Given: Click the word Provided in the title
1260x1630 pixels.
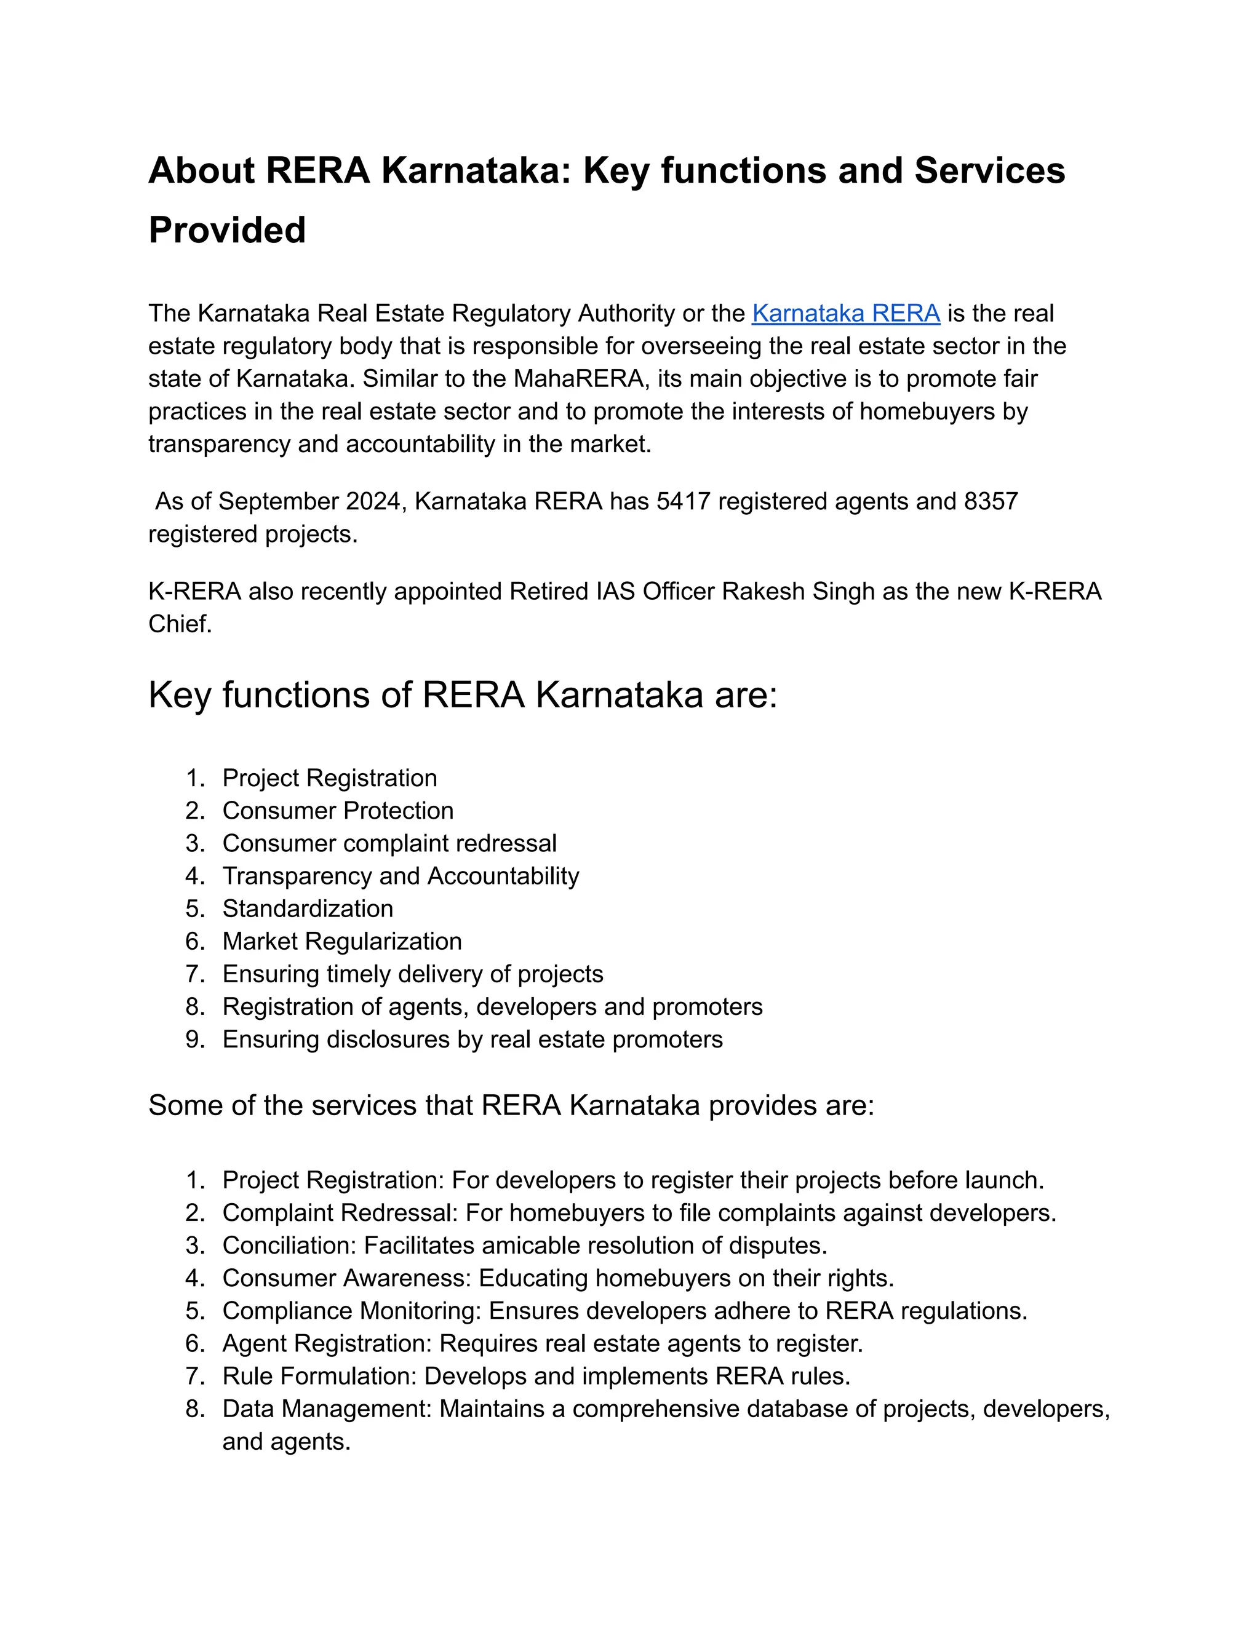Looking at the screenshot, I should [x=227, y=230].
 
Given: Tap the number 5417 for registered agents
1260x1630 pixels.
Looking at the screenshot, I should [x=683, y=501].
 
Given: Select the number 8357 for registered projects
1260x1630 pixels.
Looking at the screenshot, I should [x=991, y=501].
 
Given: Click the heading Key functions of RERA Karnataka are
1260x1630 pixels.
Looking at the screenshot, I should [x=463, y=696].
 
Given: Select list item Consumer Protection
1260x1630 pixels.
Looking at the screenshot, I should [x=337, y=811].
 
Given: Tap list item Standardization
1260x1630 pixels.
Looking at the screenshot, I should [x=308, y=909].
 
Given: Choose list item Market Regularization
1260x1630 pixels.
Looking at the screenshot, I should [x=342, y=942].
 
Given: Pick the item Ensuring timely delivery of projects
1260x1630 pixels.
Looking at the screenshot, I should [x=412, y=975].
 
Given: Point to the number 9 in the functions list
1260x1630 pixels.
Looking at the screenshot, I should [x=194, y=1040].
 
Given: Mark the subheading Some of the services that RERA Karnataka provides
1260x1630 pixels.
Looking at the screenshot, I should [x=511, y=1105].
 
